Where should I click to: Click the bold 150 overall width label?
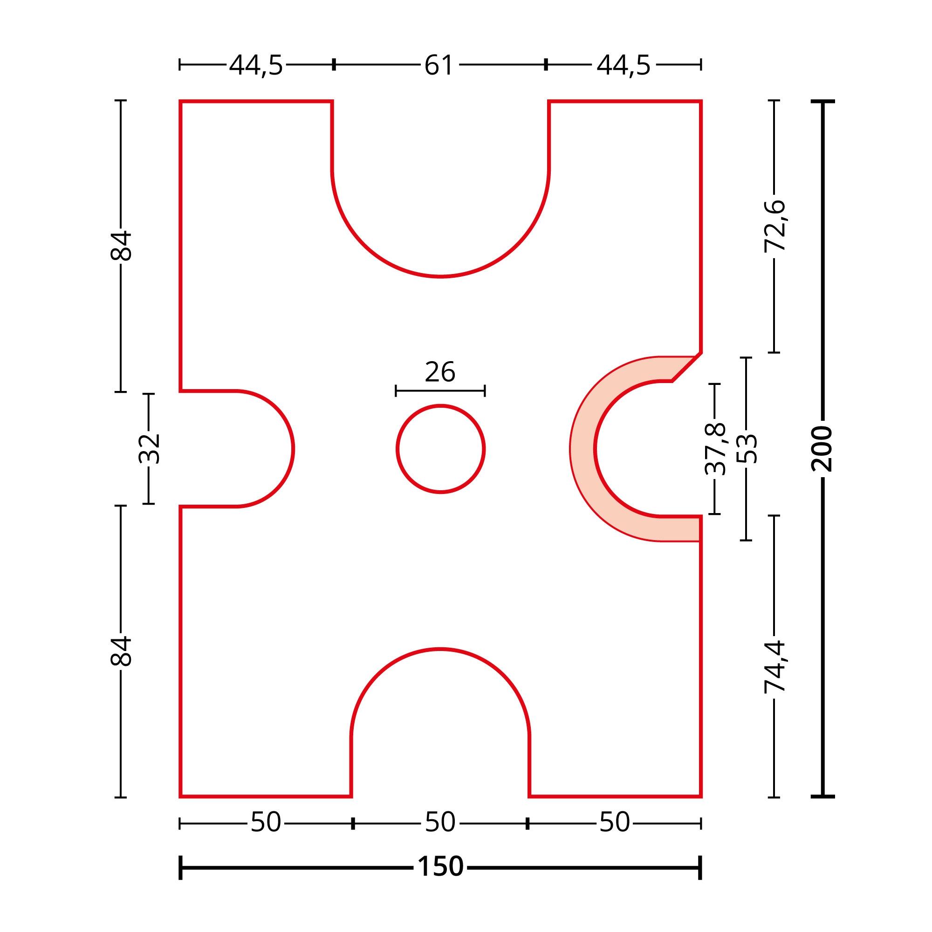pyautogui.click(x=440, y=867)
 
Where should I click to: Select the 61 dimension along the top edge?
pyautogui.click(x=439, y=65)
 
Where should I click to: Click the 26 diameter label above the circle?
pyautogui.click(x=440, y=372)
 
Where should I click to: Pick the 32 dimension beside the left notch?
pyautogui.click(x=149, y=449)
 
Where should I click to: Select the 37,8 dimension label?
pyautogui.click(x=715, y=449)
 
